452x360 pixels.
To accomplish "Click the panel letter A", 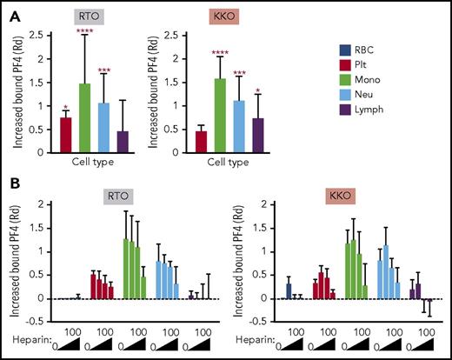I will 13,11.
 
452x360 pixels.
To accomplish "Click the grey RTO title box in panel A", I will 110,17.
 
